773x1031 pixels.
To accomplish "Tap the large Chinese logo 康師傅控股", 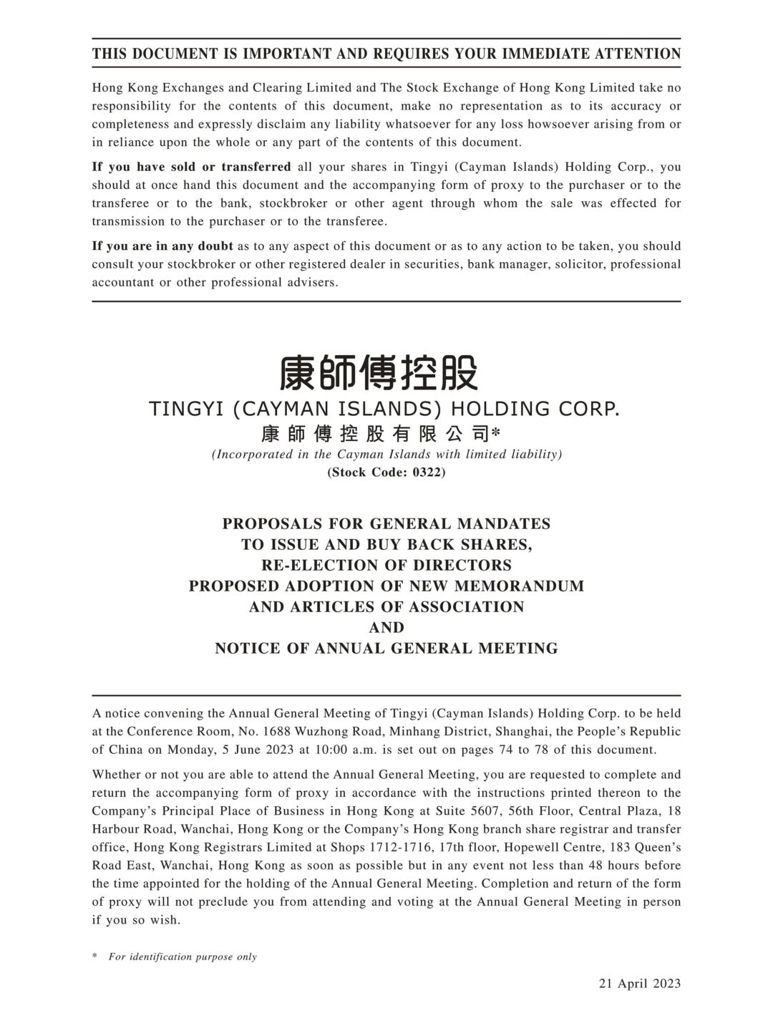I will pos(379,372).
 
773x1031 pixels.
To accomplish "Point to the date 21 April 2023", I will pos(640,983).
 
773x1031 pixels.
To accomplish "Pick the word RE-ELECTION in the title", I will pos(309,565).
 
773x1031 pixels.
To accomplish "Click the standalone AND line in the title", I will pos(386,627).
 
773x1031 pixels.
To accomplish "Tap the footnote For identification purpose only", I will pos(183,957).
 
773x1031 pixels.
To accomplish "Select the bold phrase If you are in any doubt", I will pos(162,246).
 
